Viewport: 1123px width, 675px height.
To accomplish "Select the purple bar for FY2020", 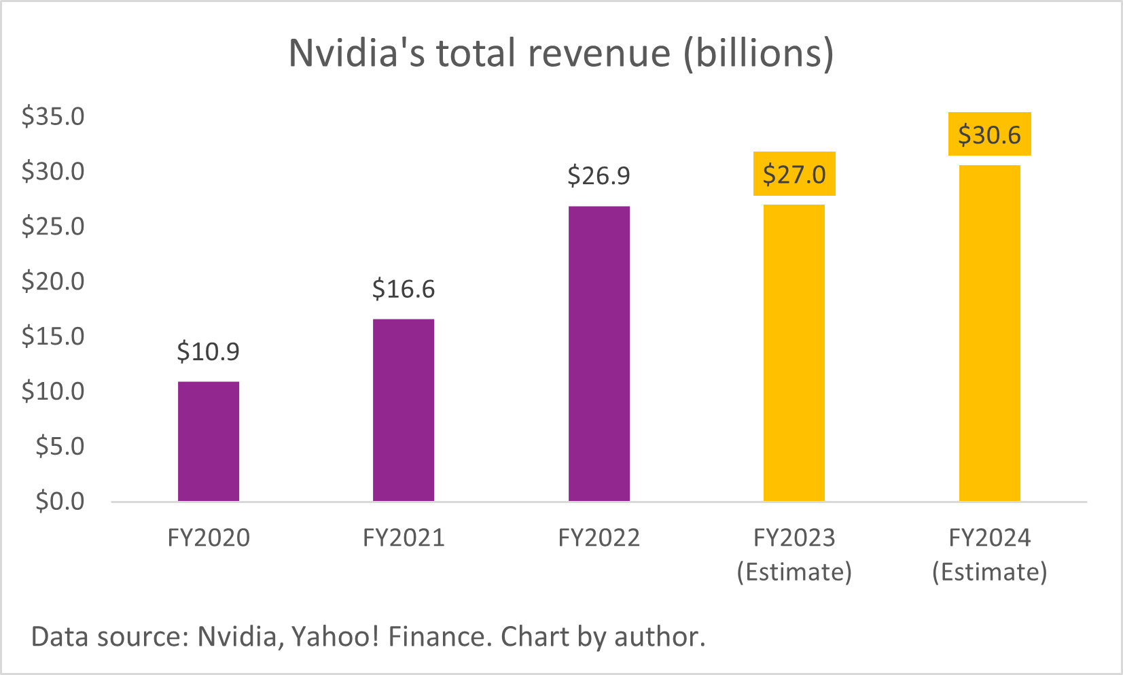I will pos(208,441).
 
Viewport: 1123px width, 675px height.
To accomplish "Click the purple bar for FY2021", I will pos(403,410).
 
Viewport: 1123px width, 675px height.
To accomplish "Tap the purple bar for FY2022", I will pos(599,353).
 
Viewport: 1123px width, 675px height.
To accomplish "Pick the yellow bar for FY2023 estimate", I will pos(794,353).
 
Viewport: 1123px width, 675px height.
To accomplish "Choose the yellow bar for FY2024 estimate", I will pos(989,333).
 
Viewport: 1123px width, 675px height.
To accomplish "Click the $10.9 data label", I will pos(208,351).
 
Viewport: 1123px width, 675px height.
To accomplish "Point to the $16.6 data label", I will pos(403,289).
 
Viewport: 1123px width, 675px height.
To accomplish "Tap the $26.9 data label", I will pos(599,176).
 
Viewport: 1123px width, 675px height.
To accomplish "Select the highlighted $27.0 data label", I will pos(794,175).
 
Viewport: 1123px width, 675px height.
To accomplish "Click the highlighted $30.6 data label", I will pos(989,135).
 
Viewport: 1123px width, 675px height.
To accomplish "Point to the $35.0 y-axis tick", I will pos(53,116).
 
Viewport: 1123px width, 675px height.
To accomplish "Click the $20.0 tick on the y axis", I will pos(53,281).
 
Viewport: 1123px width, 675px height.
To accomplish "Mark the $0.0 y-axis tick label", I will pos(60,501).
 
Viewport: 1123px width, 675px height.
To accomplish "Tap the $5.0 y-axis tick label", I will pos(60,446).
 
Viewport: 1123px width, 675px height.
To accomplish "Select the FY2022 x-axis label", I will pos(599,538).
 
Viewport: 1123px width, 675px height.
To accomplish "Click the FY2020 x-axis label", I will pos(208,538).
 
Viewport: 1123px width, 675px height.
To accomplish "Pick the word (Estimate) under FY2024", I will pos(989,572).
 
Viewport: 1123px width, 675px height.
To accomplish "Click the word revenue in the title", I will pos(600,53).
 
